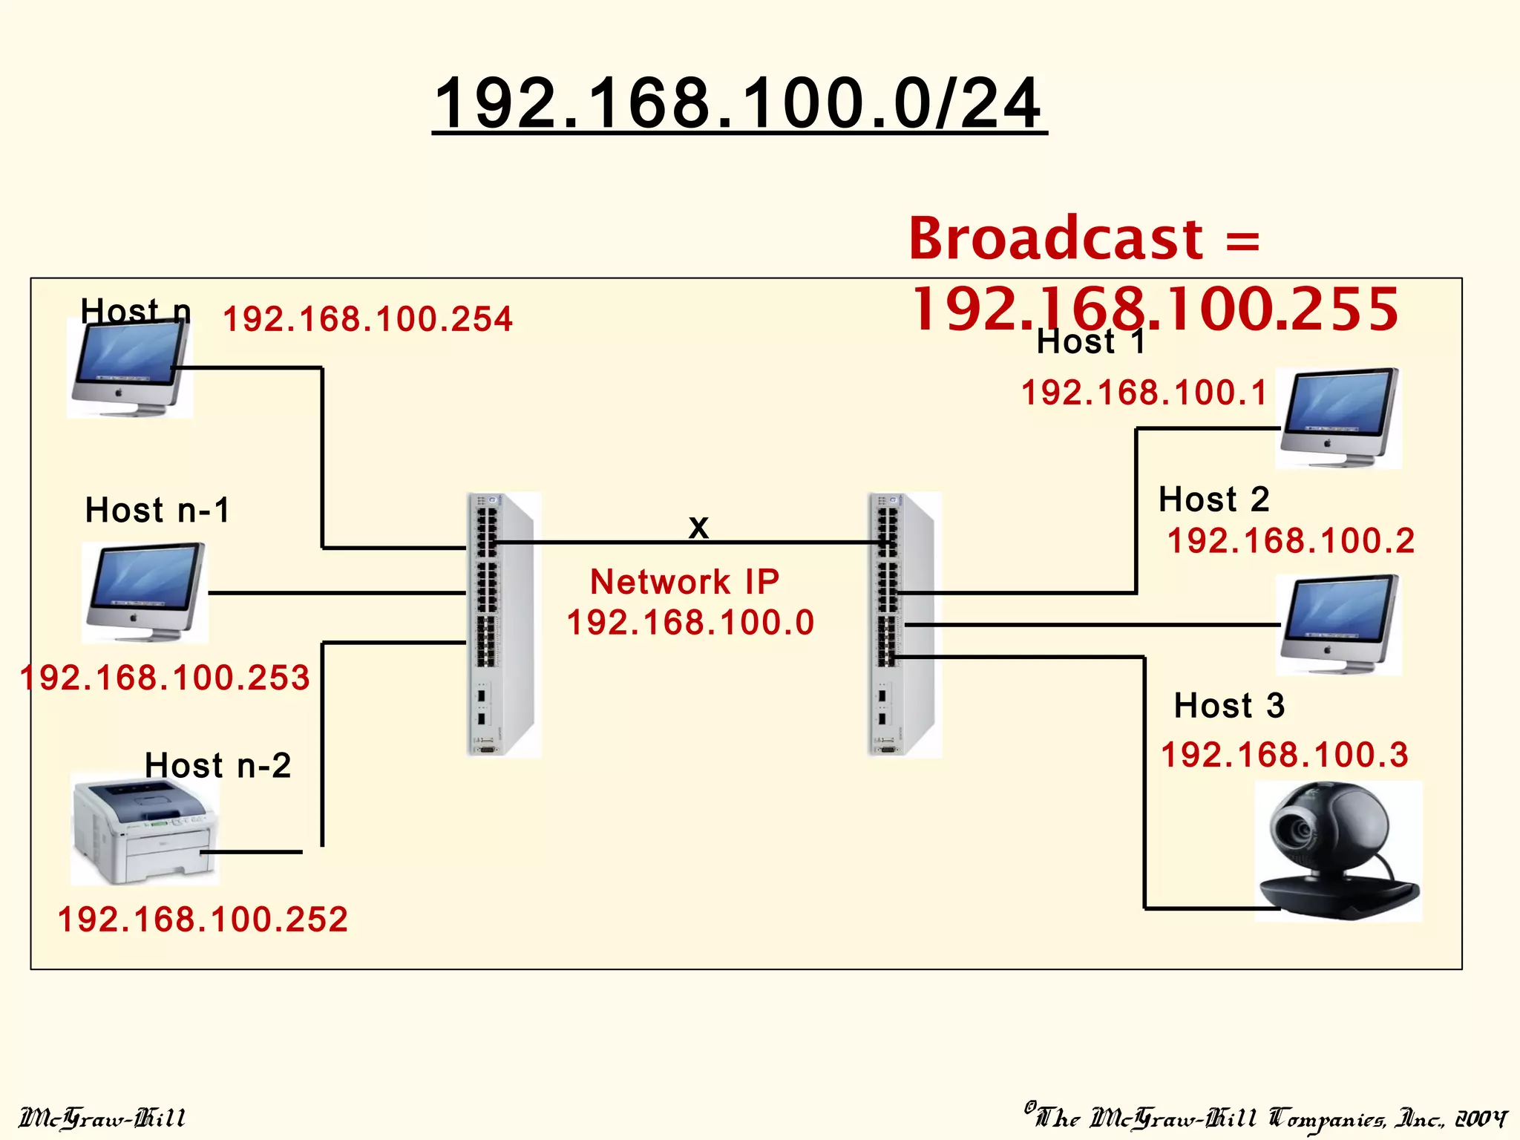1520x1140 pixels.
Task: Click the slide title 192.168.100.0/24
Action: click(739, 104)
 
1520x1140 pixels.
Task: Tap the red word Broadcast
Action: click(1055, 239)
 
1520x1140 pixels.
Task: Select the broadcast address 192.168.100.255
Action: click(1155, 309)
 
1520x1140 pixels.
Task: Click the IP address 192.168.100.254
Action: click(367, 320)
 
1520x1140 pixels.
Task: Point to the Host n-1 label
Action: click(157, 511)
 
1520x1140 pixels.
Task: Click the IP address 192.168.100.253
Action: click(165, 678)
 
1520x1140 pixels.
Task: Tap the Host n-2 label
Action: click(217, 765)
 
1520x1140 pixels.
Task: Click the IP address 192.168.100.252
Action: click(203, 920)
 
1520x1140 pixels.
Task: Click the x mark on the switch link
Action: click(698, 528)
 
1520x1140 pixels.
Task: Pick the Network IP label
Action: click(684, 581)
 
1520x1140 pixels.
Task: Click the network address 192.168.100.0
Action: click(690, 622)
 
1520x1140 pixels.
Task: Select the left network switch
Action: click(502, 623)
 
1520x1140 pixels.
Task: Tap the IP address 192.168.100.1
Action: click(1144, 393)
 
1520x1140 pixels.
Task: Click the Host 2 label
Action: click(1213, 499)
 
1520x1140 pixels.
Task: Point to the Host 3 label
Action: click(1228, 705)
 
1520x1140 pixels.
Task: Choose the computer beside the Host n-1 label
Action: click(145, 592)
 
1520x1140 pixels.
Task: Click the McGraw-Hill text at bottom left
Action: click(102, 1118)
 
